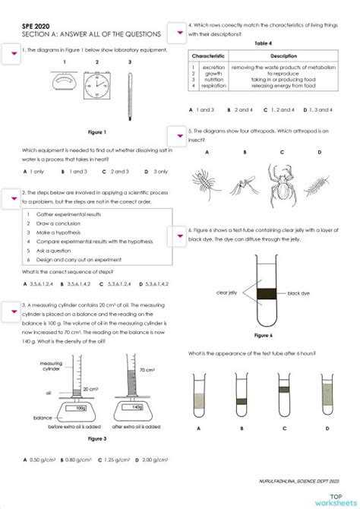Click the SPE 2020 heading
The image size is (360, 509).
36,25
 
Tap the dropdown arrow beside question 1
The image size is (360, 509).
11,52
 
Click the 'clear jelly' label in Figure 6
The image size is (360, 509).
227,292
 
